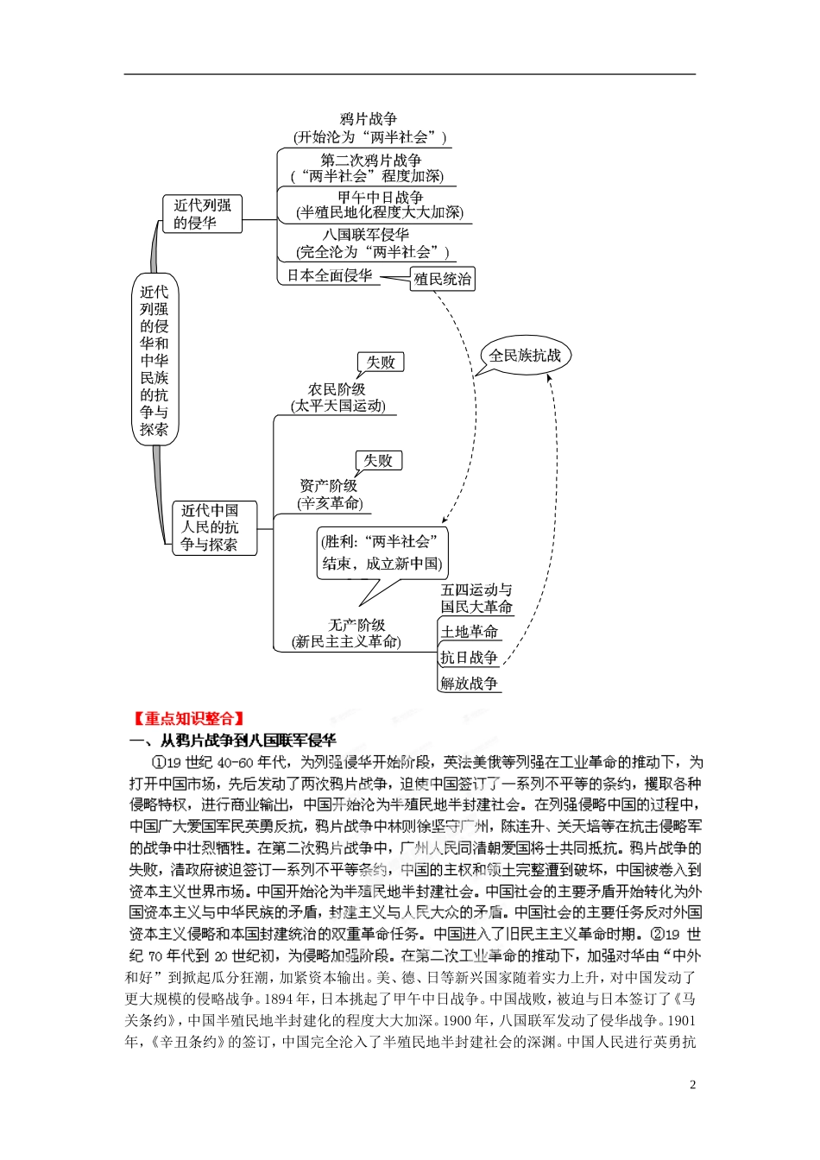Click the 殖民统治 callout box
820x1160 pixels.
442,279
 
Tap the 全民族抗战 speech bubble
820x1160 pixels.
525,355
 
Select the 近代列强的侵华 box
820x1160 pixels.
202,213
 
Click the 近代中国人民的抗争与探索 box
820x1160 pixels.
210,527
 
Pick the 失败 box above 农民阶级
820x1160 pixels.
381,362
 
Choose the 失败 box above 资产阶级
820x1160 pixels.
378,460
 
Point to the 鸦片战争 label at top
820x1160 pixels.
369,119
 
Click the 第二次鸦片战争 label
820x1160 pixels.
371,160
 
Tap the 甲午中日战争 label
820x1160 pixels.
381,197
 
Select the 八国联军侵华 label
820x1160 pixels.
366,234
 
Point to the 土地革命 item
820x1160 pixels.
470,632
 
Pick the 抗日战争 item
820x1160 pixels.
470,658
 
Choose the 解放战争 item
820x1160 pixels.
470,684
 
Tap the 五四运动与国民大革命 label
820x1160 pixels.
476,598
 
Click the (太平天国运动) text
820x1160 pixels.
338,406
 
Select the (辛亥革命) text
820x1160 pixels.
331,503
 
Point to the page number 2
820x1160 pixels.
692,1085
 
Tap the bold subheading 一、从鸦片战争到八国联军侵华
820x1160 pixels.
232,740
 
